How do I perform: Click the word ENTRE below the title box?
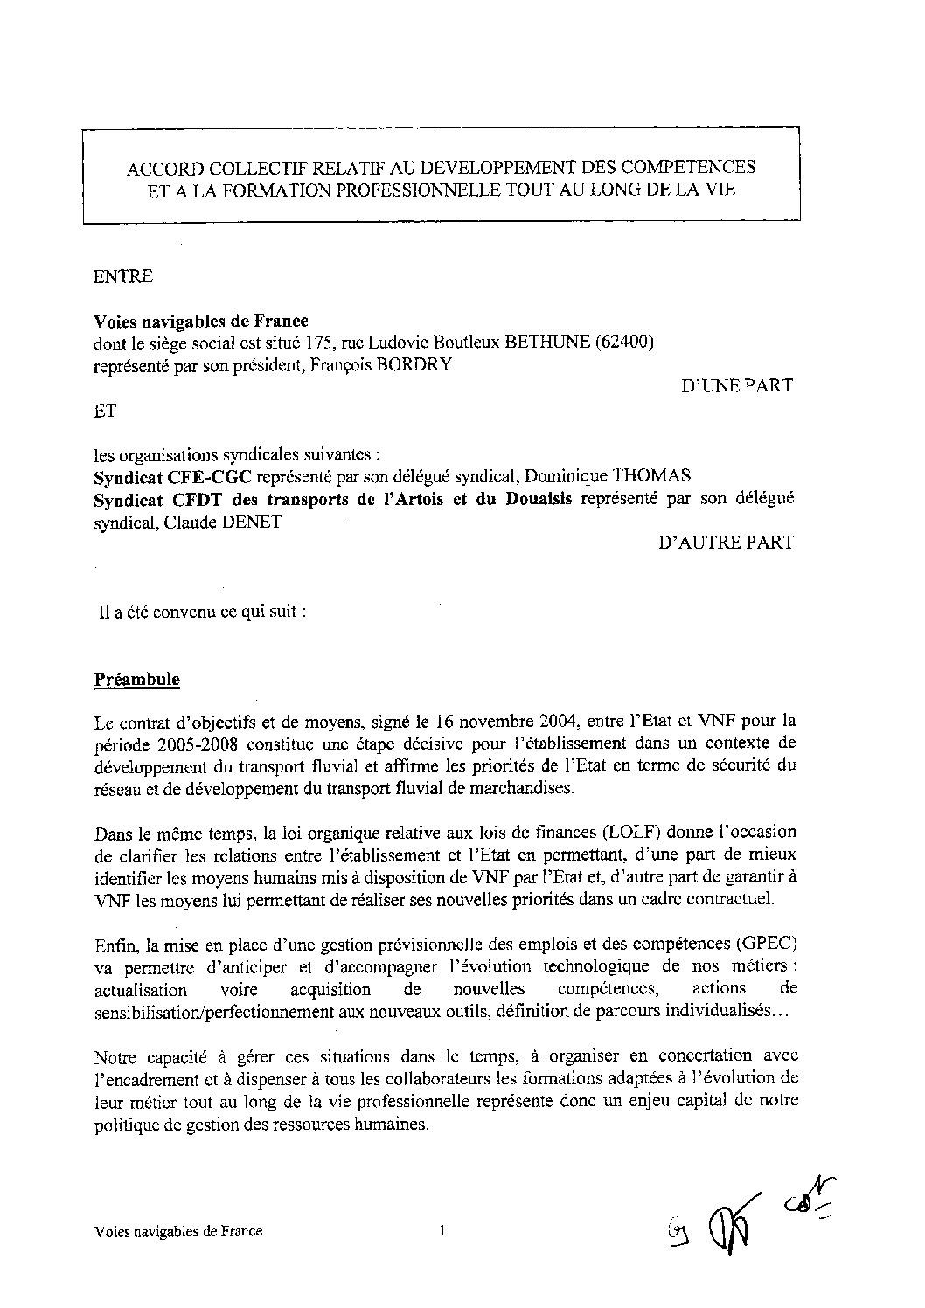point(122,277)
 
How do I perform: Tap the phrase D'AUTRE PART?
point(726,543)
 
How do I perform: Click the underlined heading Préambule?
point(136,679)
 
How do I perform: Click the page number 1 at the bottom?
point(442,1232)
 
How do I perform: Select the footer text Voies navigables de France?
point(177,1233)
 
